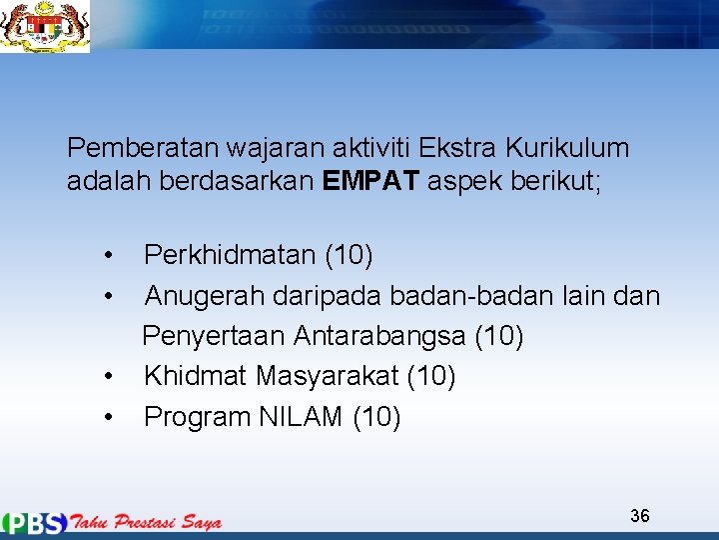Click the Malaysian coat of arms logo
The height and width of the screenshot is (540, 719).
(x=45, y=26)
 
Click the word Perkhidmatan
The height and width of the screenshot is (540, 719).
(x=230, y=256)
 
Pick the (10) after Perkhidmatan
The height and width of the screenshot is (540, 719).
(x=350, y=256)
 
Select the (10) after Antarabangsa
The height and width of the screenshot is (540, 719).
(x=499, y=336)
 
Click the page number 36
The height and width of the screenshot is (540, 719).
(x=640, y=516)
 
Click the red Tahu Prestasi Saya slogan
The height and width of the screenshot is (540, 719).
(x=146, y=522)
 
